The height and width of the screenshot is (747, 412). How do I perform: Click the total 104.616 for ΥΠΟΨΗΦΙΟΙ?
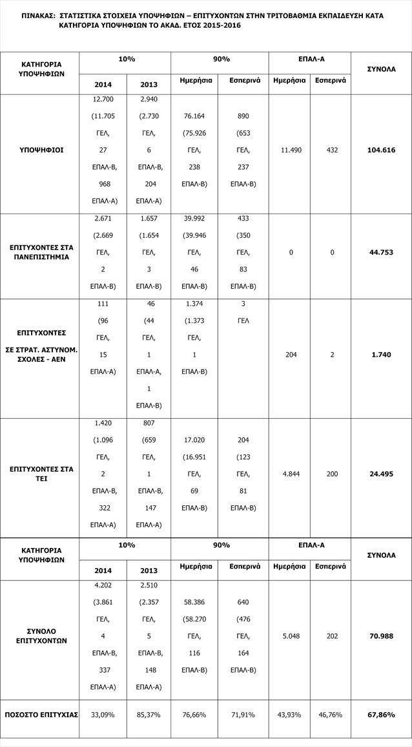(x=380, y=150)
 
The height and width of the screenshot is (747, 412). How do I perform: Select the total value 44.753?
(x=380, y=252)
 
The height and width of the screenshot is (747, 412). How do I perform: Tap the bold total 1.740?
(x=380, y=355)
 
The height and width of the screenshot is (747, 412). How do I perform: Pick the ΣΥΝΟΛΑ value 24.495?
(x=380, y=474)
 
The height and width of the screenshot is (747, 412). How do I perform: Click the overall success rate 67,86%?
(x=380, y=715)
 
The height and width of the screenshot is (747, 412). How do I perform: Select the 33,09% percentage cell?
(x=103, y=715)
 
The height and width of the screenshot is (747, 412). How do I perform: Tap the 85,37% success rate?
(x=149, y=715)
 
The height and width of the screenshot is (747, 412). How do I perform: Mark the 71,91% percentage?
(x=243, y=715)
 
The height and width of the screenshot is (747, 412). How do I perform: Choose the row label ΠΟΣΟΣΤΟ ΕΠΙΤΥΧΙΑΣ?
(x=41, y=715)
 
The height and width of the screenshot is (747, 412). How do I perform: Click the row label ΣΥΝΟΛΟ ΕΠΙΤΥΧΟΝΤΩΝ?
(x=41, y=635)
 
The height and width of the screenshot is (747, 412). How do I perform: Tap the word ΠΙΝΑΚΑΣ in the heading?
(x=37, y=14)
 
